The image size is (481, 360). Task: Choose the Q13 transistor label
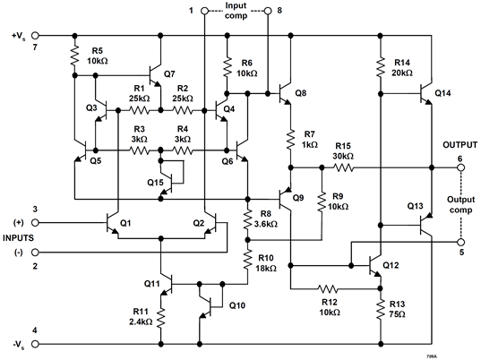(x=415, y=207)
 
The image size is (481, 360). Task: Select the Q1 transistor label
(x=125, y=223)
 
